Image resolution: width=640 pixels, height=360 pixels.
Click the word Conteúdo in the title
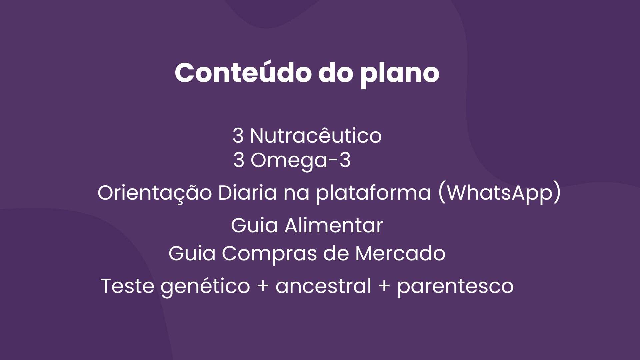pos(243,72)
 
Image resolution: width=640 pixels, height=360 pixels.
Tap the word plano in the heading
pos(400,74)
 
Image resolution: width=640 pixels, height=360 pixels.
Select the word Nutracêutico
pos(316,136)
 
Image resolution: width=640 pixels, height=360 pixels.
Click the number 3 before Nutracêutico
pos(238,136)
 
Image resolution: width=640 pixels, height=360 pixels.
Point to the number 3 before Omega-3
pos(239,160)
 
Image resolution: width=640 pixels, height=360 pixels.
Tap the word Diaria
pos(247,192)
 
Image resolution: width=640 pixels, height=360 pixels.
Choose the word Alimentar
pos(334,226)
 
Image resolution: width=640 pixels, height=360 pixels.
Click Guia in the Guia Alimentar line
pos(254,226)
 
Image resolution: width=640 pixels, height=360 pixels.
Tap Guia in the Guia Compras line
pos(192,254)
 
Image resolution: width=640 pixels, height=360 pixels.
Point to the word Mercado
pos(400,254)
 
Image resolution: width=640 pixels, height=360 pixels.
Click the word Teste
pos(127,286)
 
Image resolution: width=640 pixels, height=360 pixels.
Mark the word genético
pos(205,287)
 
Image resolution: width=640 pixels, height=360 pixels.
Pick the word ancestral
pos(323,286)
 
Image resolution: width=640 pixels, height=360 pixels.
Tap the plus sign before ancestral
pos(263,286)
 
